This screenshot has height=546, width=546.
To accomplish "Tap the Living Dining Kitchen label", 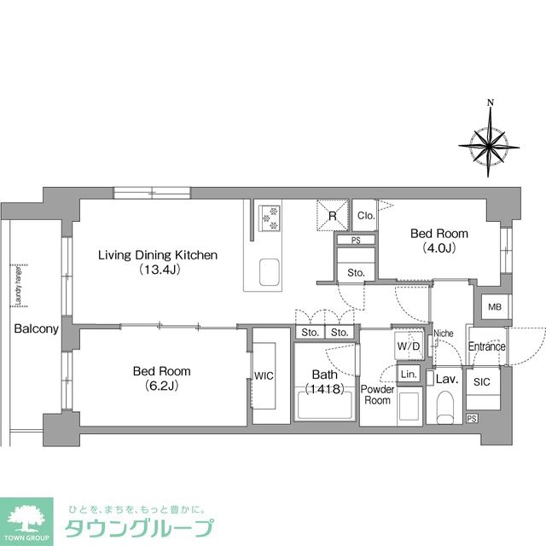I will click(x=158, y=255).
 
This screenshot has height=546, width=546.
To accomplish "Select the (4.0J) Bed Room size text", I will click(x=439, y=248).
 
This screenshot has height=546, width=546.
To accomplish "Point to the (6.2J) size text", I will click(x=161, y=386).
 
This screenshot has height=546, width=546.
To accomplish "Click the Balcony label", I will click(x=35, y=328).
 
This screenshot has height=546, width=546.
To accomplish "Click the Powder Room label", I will click(x=377, y=394).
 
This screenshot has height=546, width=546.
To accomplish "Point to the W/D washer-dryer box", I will click(x=407, y=346).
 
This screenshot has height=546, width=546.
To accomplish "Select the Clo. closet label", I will click(x=364, y=215).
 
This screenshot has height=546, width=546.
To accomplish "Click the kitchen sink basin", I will click(x=268, y=273).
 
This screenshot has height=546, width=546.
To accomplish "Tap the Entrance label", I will click(x=486, y=346).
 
